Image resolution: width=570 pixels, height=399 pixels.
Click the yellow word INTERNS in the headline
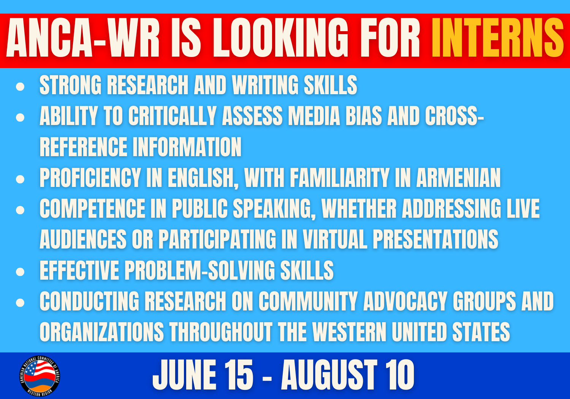tap(498, 38)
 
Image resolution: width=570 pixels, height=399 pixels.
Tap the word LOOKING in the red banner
tap(280, 38)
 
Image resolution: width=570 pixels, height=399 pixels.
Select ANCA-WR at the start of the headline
tap(83, 38)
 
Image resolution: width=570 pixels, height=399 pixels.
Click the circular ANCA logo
tap(40, 376)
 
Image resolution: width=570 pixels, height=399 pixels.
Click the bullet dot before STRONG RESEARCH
tap(20, 87)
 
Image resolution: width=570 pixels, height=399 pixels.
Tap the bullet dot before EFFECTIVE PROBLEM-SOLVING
tap(20, 272)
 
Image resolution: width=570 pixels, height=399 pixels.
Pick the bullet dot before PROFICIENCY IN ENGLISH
tap(20, 179)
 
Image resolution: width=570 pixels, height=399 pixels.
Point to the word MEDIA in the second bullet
tap(314, 116)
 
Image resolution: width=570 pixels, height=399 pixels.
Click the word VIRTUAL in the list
tap(335, 239)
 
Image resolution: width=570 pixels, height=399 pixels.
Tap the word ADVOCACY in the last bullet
tap(405, 301)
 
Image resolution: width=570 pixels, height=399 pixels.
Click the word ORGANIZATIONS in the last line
tap(102, 332)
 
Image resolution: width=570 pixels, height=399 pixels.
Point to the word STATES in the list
tap(481, 332)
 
